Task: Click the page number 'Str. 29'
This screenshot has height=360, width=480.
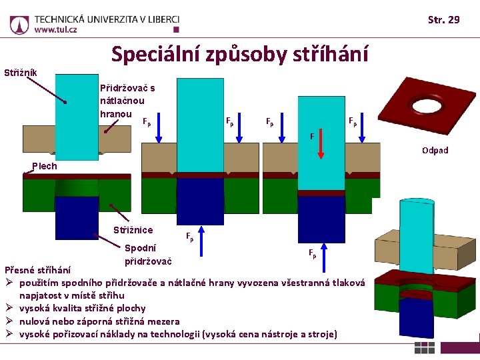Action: [x=443, y=20]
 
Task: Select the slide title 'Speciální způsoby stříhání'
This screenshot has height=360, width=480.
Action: [x=239, y=54]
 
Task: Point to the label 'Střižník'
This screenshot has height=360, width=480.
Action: [x=21, y=72]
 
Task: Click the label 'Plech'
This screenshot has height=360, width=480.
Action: [x=45, y=166]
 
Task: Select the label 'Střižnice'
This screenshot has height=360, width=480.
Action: [x=133, y=230]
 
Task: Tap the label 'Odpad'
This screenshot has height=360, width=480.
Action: [x=435, y=150]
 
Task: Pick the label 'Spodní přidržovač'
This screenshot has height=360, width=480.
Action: [x=148, y=253]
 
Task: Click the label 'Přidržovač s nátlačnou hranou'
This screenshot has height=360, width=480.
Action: [x=127, y=100]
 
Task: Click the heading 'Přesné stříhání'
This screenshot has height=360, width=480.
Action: [x=37, y=270]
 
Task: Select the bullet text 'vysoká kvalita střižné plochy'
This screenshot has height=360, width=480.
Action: [x=82, y=308]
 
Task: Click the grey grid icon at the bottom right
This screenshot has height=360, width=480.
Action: [x=425, y=347]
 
